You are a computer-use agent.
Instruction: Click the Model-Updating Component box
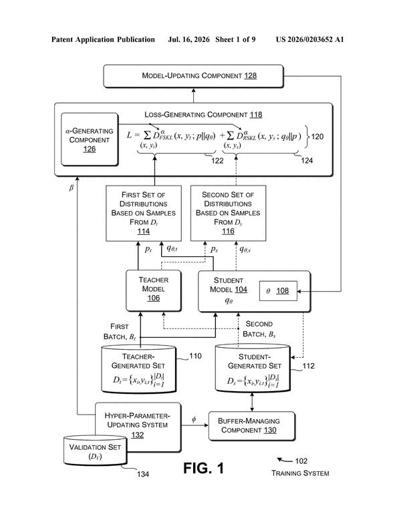[193, 76]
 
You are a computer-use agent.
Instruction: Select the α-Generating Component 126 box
[90, 140]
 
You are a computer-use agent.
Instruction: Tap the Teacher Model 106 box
[154, 291]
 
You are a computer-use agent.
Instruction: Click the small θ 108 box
[278, 291]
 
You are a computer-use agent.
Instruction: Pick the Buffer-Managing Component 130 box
[252, 426]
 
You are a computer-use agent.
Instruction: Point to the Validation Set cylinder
[95, 450]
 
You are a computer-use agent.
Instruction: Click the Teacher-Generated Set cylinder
[138, 368]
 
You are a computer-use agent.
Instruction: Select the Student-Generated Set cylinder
[253, 368]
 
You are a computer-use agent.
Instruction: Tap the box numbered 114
[144, 213]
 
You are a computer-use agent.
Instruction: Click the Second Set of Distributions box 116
[229, 213]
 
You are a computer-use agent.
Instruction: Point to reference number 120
[317, 136]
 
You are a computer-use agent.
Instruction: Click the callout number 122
[217, 161]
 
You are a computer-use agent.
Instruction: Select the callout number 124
[307, 161]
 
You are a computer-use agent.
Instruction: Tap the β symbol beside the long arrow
[71, 188]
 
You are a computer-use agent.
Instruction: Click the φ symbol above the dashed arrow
[194, 419]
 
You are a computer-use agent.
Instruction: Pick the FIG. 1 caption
[204, 468]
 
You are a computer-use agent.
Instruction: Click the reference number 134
[143, 474]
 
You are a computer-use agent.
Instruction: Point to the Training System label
[300, 473]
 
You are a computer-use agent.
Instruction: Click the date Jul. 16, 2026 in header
[188, 39]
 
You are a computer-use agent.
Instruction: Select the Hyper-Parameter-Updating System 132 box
[138, 427]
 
